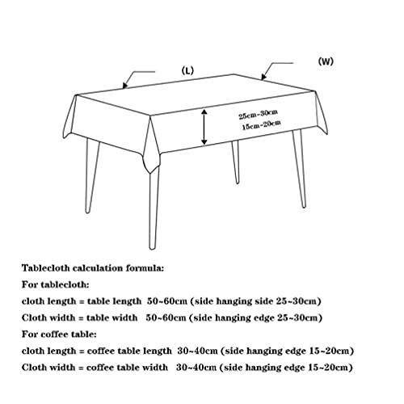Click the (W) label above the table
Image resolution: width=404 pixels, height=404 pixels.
[326, 61]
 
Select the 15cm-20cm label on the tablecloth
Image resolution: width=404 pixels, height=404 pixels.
[260, 126]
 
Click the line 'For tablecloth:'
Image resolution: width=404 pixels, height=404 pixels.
[54, 284]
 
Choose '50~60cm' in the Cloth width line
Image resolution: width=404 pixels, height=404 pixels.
[167, 318]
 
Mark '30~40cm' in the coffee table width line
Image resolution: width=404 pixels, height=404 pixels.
[197, 368]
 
